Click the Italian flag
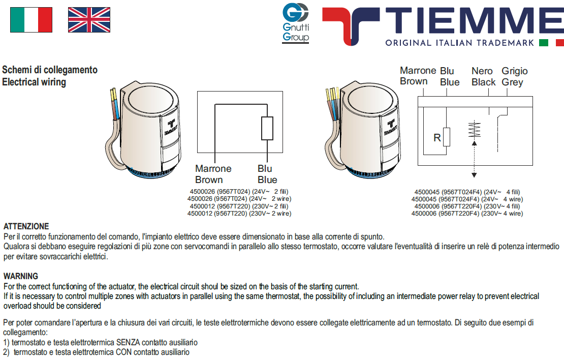coord(31,20)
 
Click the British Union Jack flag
coord(89,20)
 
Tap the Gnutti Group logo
coord(295,23)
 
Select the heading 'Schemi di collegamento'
coord(50,70)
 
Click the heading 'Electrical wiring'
coord(34,82)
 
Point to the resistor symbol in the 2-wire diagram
coord(267,128)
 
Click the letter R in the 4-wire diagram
coord(436,138)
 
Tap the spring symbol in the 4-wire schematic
coord(474,130)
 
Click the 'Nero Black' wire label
coord(483,77)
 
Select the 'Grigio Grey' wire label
coord(514,77)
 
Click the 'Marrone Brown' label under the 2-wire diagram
coord(213,174)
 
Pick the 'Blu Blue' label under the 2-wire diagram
coord(267,174)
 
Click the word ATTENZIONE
coord(26,227)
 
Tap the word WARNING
coord(20,276)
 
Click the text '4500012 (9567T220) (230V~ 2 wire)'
coord(239,214)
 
